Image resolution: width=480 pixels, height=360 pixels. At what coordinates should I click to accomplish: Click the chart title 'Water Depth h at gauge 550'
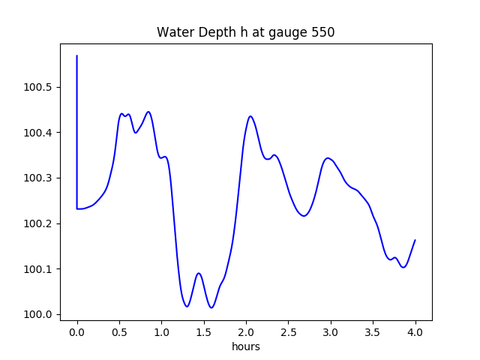pos(245,33)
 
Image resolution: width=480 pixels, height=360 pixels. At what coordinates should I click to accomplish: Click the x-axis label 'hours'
pos(246,347)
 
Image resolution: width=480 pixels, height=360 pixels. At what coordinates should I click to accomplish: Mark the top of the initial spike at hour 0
pos(77,55)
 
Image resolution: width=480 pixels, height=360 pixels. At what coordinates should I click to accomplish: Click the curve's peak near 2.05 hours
pos(250,116)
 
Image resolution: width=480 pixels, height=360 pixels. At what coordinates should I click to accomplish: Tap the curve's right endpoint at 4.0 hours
pos(415,240)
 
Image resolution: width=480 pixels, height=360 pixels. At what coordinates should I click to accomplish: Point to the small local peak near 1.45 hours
pos(199,273)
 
